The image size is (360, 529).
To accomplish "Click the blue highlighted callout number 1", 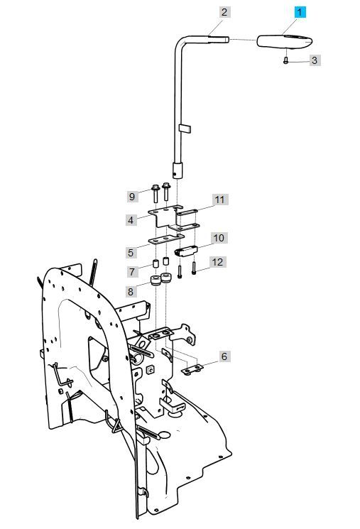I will (300, 12).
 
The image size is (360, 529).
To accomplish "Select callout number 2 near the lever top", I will (224, 12).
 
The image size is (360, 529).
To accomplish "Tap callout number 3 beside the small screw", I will (314, 61).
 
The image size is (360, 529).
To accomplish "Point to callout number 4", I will (131, 220).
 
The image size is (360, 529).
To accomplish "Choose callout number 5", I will (131, 252).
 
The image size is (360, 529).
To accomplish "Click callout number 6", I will (224, 356).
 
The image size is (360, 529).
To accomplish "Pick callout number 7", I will (131, 272).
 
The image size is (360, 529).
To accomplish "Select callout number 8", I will (131, 291).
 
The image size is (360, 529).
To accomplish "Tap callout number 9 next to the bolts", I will (131, 195).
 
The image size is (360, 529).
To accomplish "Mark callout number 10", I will (218, 238).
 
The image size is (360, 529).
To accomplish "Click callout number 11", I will (220, 200).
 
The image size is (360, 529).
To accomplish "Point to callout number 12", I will (217, 262).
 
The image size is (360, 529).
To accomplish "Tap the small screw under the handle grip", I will (285, 62).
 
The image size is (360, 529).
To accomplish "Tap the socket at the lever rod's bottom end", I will (178, 170).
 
